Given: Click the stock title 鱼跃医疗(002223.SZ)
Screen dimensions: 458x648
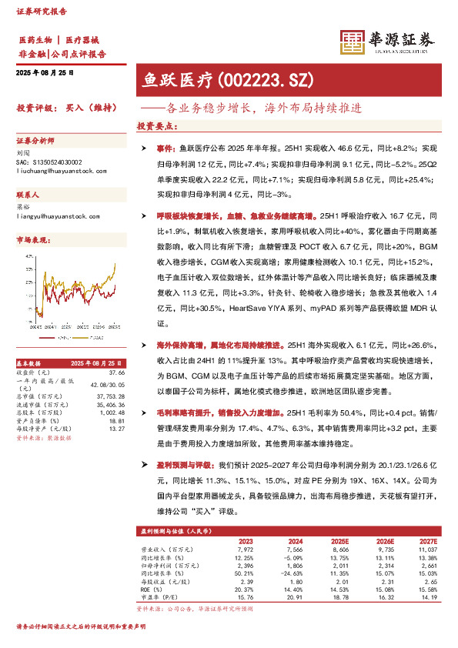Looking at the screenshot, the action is (x=228, y=78).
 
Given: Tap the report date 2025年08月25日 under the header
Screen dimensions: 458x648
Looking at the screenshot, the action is (x=45, y=72).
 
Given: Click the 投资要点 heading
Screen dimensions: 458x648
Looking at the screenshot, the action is (x=158, y=125).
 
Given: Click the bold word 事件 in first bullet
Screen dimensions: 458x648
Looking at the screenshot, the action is (x=165, y=147).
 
